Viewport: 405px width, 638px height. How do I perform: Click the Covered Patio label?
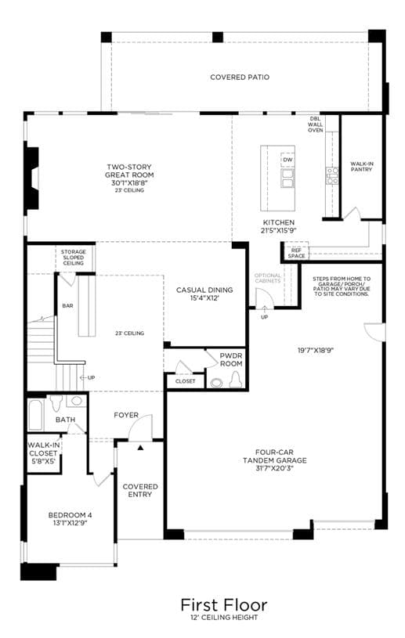240,77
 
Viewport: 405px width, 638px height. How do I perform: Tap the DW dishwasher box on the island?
287,160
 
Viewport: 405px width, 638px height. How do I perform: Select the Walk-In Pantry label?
361,167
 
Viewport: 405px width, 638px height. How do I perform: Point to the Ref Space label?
296,253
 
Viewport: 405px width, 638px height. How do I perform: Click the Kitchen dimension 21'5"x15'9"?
278,230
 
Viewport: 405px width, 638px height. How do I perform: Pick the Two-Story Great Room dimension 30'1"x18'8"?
128,182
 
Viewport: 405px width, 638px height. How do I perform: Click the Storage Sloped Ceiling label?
74,258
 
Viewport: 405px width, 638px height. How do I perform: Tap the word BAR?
67,305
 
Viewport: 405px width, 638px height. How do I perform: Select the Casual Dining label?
204,290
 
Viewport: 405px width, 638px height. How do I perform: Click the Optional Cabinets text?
268,279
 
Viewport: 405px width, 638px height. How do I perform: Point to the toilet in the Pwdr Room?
236,381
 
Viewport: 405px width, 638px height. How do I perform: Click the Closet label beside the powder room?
185,381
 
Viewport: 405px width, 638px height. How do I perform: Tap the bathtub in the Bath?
36,415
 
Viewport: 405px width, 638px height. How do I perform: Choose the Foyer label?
126,415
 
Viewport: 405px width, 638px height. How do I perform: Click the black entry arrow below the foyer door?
141,448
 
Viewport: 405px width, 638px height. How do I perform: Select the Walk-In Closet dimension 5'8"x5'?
42,461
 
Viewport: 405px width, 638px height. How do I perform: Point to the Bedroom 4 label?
67,515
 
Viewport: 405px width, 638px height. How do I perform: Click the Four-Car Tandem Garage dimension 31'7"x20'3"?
274,468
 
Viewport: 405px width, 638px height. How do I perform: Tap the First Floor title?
224,605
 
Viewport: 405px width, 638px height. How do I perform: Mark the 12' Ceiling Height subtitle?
224,617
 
